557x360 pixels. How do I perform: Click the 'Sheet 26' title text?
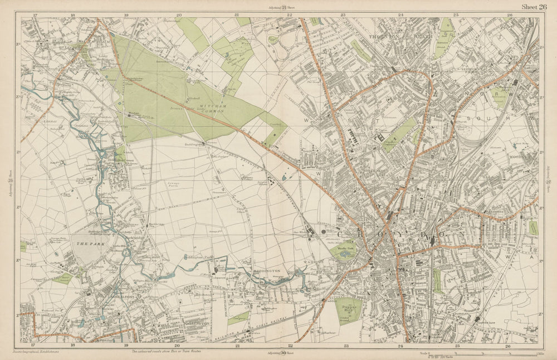click(x=534, y=7)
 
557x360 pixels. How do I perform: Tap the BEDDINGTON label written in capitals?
click(x=272, y=271)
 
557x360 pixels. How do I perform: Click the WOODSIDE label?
click(x=522, y=158)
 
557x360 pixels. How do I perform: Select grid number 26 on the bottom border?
click(x=508, y=346)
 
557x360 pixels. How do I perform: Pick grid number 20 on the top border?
click(x=178, y=14)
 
